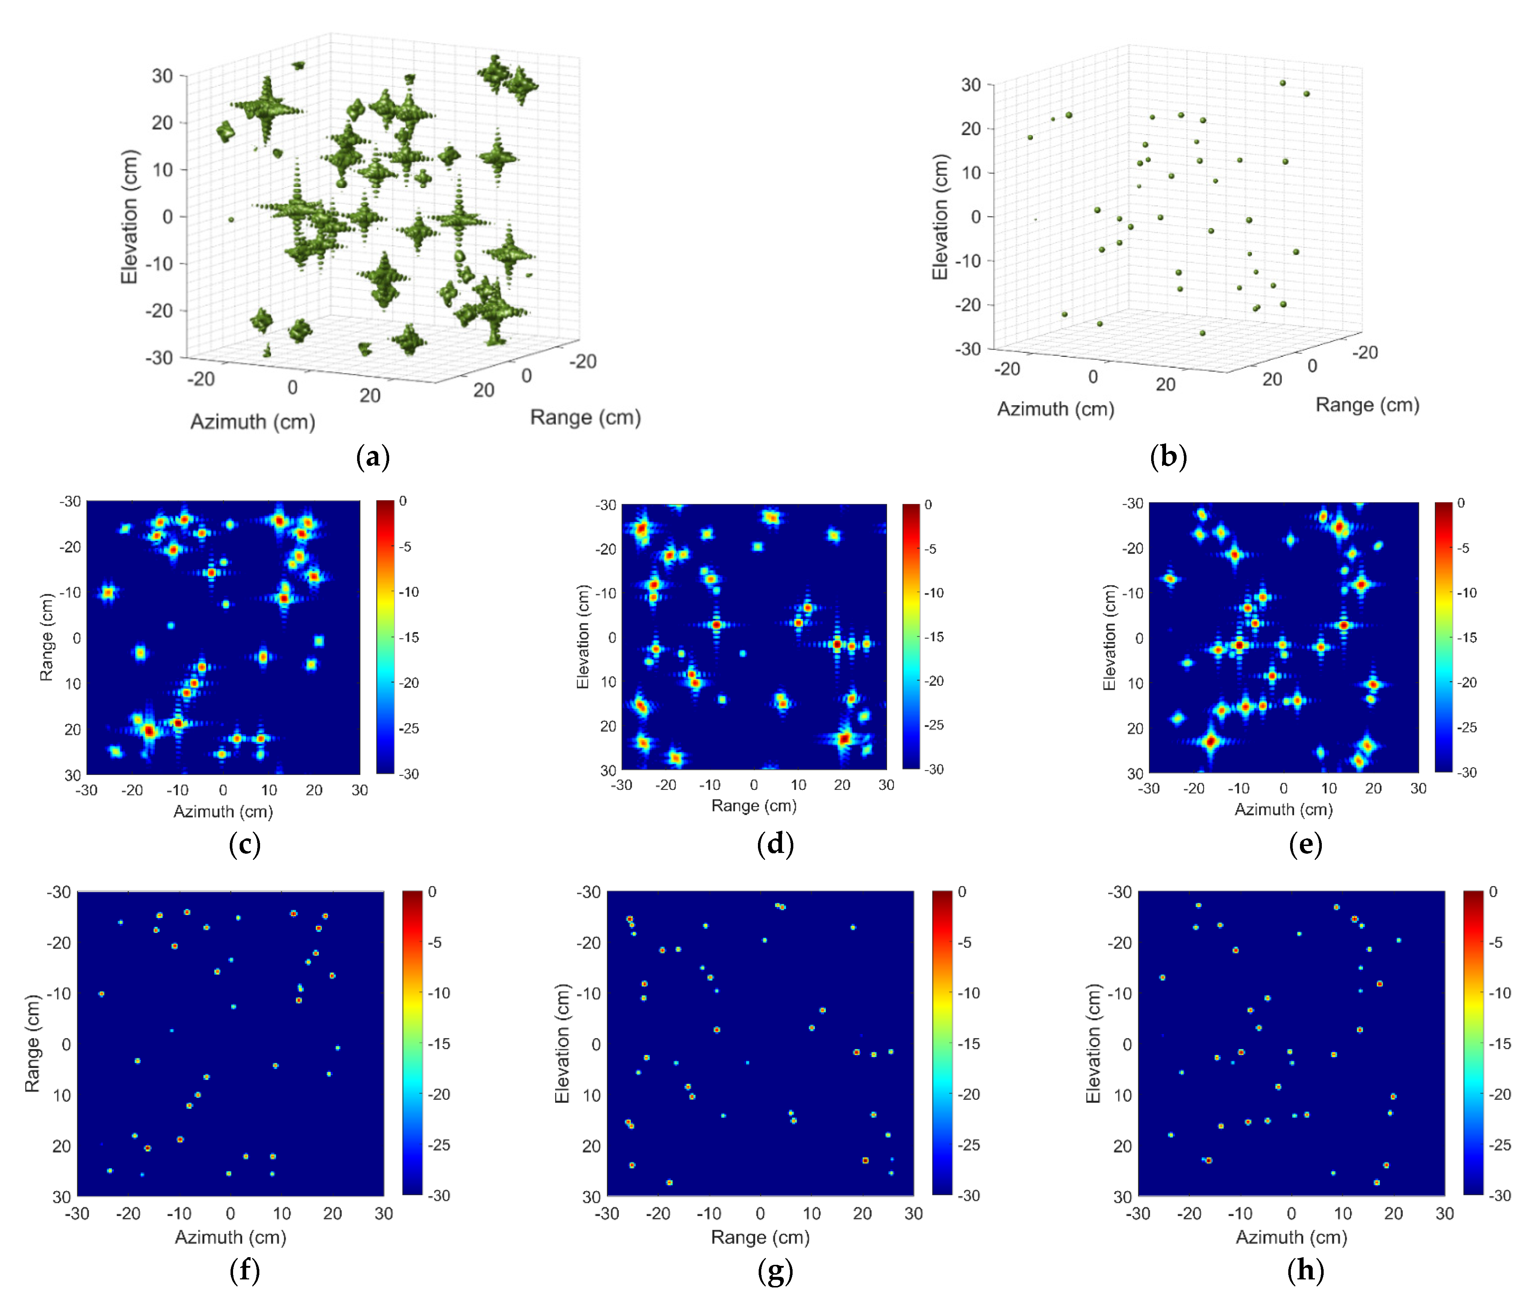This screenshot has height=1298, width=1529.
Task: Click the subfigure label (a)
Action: click(x=372, y=457)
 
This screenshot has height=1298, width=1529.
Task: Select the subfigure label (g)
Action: click(x=775, y=1271)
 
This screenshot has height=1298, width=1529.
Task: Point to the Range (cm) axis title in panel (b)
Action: click(x=1367, y=405)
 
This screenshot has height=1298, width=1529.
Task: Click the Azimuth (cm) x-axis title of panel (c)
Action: click(x=223, y=812)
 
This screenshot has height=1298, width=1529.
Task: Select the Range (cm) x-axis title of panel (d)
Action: click(x=754, y=806)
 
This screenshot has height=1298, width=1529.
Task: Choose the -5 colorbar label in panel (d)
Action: click(x=930, y=549)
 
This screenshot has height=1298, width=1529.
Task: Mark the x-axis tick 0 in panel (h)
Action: click(x=1291, y=1213)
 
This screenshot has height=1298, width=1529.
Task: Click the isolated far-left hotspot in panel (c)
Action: click(x=108, y=592)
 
